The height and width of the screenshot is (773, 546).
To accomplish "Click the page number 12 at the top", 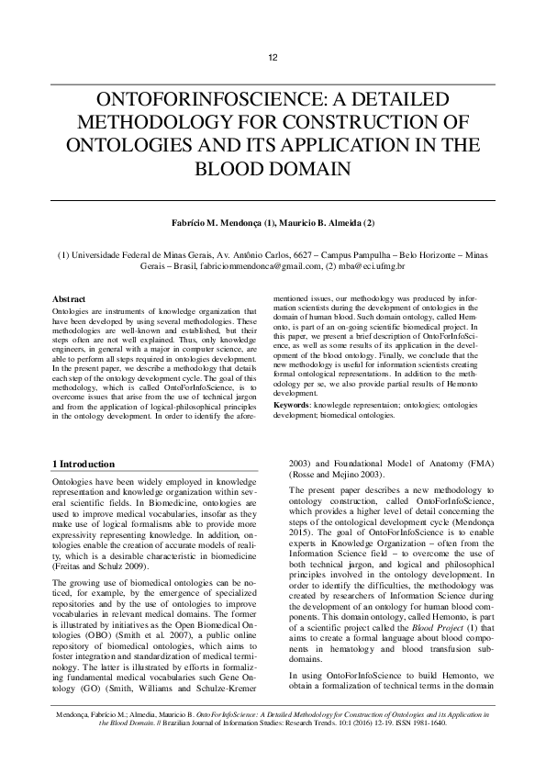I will point(273,59).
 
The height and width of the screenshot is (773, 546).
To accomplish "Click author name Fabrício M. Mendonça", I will point(217,224).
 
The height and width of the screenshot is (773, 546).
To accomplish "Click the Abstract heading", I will point(69,300).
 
